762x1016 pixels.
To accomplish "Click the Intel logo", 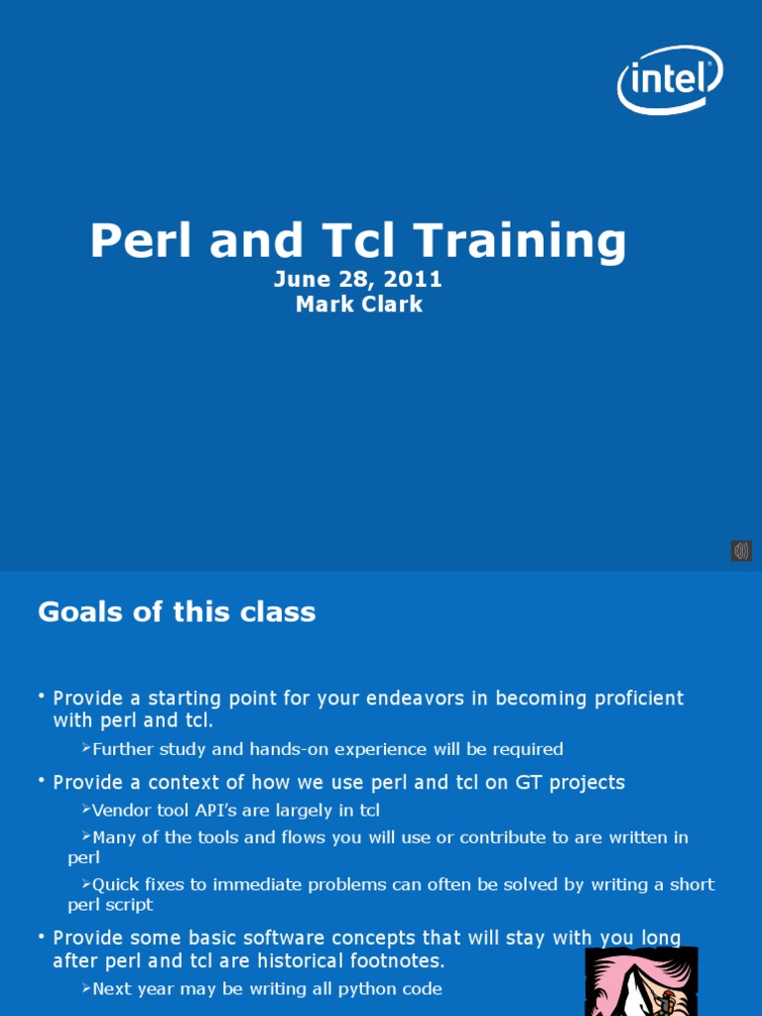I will [670, 79].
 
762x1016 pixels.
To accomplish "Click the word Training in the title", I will [520, 241].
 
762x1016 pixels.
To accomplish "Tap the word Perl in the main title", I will [139, 241].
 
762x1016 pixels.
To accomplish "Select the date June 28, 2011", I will [357, 280].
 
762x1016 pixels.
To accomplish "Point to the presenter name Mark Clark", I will [358, 305].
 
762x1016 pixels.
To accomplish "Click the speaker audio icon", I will [741, 551].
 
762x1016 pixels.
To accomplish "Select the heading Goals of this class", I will [177, 612].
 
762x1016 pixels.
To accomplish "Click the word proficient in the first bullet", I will [637, 698].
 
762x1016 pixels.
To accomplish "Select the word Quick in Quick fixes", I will [116, 884].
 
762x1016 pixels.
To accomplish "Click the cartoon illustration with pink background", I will [640, 981].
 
